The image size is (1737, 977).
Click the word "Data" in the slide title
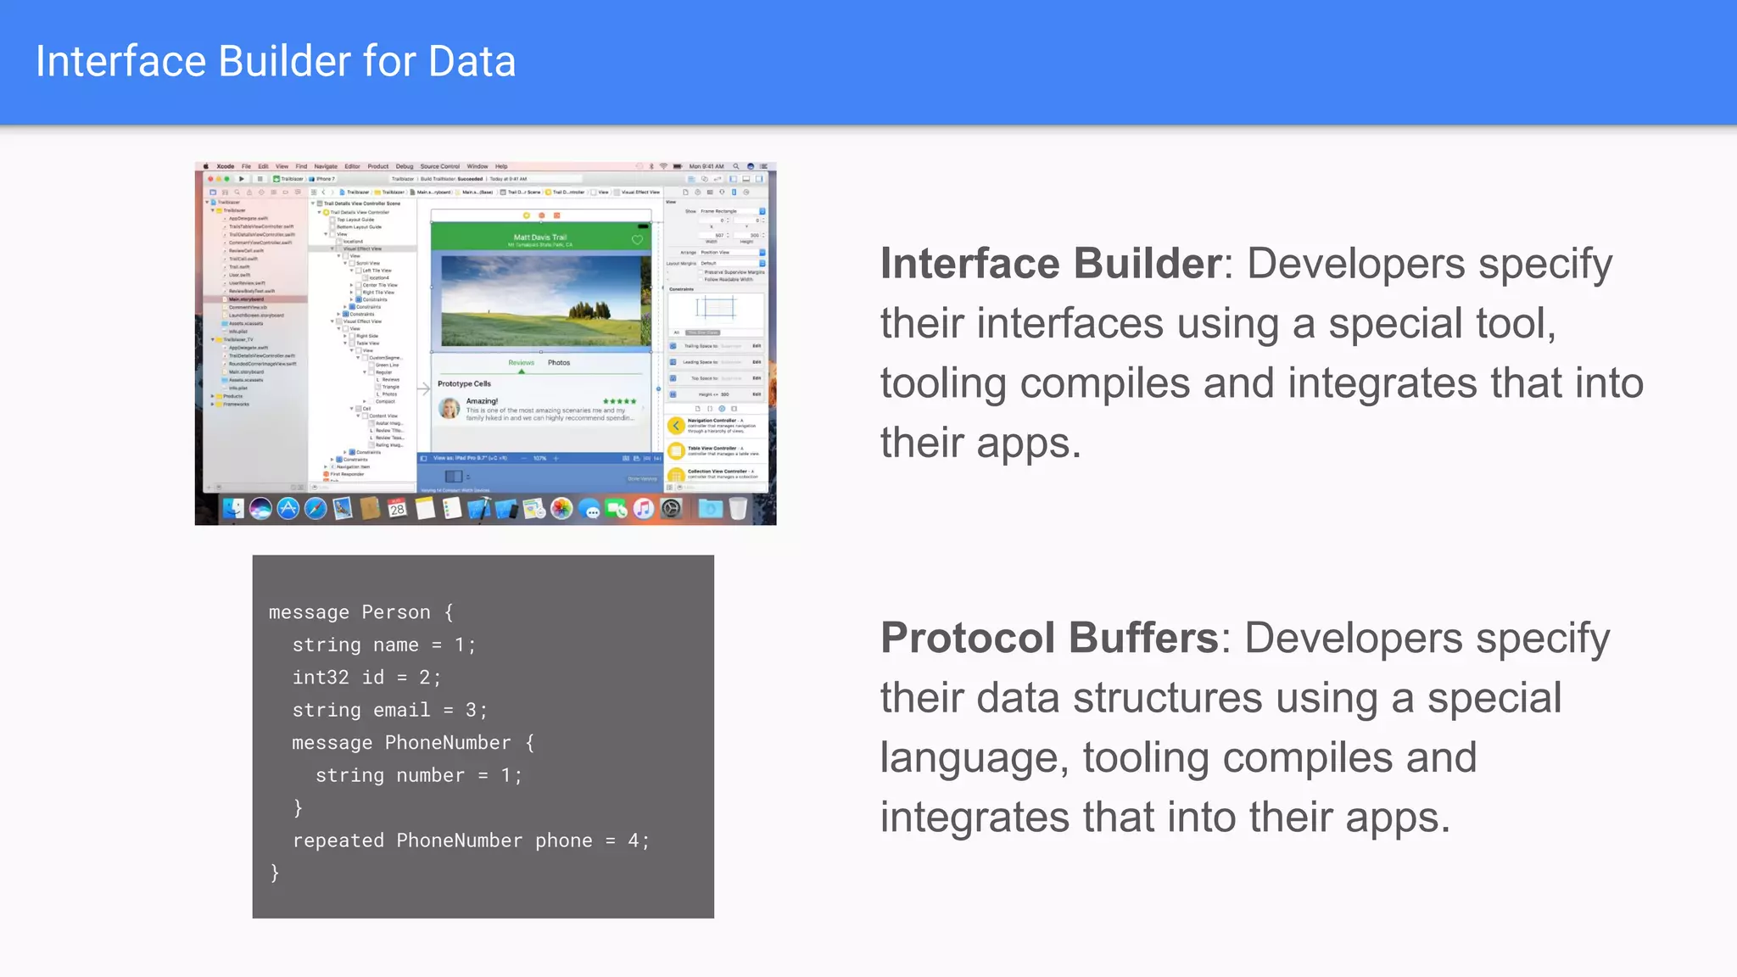[x=472, y=62]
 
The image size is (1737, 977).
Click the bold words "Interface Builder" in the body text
[x=1050, y=264]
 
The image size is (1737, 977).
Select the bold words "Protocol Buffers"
[x=1048, y=638]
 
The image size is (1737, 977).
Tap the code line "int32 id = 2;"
[x=366, y=678]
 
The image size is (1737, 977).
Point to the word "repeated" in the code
[x=338, y=840]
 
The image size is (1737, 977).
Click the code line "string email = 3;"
[x=389, y=710]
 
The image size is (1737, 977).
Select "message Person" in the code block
[x=349, y=612]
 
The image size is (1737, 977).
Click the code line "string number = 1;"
[x=418, y=775]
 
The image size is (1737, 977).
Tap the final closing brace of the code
[x=275, y=873]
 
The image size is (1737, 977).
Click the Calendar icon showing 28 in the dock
[x=397, y=509]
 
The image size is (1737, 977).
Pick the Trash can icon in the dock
[x=738, y=509]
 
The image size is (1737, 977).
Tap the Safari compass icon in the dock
[x=316, y=509]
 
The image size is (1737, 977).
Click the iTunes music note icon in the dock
[x=644, y=509]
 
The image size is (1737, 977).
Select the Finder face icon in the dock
[x=233, y=509]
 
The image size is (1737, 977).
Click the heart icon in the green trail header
[x=637, y=240]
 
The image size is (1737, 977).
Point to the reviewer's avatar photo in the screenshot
[x=449, y=409]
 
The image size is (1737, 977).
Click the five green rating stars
[x=619, y=401]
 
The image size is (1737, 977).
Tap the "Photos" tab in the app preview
[x=559, y=363]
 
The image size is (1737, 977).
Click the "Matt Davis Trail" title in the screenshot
[x=540, y=237]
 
